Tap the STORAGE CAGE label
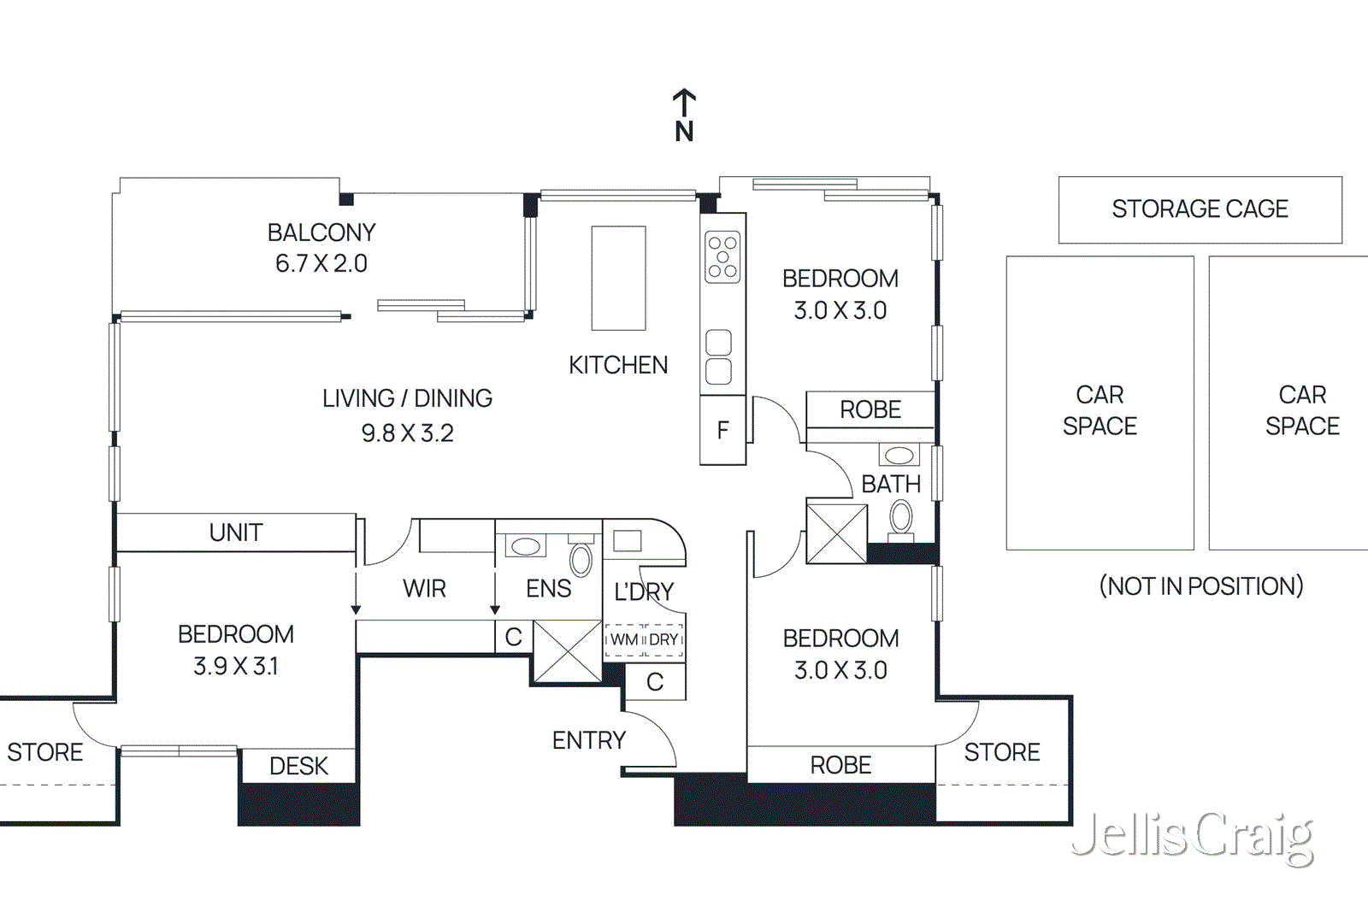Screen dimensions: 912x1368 pos(1200,209)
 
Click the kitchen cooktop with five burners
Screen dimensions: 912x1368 pos(722,256)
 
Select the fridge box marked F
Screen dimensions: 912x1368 pos(722,430)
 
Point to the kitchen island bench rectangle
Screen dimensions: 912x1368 pos(618,278)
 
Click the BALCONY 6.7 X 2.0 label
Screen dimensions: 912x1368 pos(321,248)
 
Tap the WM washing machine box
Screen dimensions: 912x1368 pos(623,639)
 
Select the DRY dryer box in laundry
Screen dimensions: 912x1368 pos(663,639)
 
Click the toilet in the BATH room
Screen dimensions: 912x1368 pos(901,520)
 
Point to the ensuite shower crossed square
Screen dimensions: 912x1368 pos(568,651)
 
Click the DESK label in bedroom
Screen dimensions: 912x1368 pos(298,766)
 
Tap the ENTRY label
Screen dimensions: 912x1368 pos(588,740)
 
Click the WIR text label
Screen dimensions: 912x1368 pos(424,589)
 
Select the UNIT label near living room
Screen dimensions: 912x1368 pos(235,532)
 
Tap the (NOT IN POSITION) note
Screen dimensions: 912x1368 pos(1200,586)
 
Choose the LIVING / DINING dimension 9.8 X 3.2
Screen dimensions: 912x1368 pos(407,433)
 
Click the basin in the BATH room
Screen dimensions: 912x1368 pos(899,455)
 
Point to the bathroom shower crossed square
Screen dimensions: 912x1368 pos(836,533)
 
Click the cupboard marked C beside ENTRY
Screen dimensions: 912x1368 pos(655,682)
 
